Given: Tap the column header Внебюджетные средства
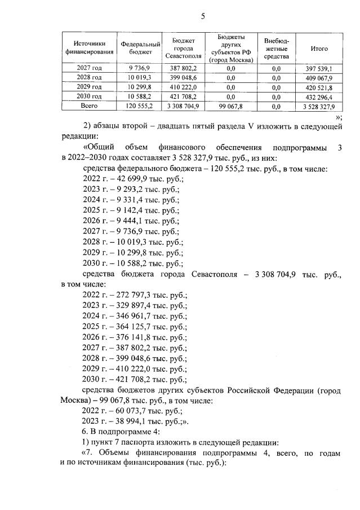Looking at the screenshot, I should pos(276,49).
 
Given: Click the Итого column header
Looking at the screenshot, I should pos(319,49).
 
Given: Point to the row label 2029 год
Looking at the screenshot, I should pos(89,87).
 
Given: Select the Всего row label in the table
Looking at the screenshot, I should pos(89,105).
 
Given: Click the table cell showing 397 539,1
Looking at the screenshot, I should pos(319,69).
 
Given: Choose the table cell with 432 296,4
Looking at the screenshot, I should pos(319,96).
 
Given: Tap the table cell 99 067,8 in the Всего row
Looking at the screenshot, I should pos(230,106).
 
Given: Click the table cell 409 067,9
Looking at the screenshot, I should pos(319,78).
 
